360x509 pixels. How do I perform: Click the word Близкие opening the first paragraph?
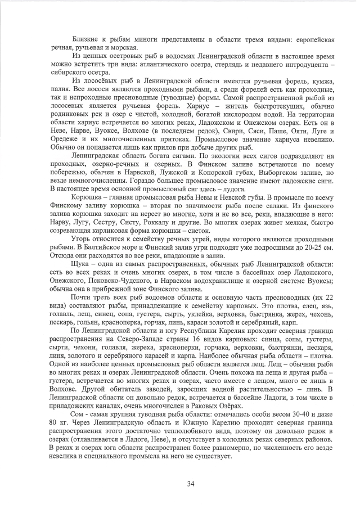[85, 40]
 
